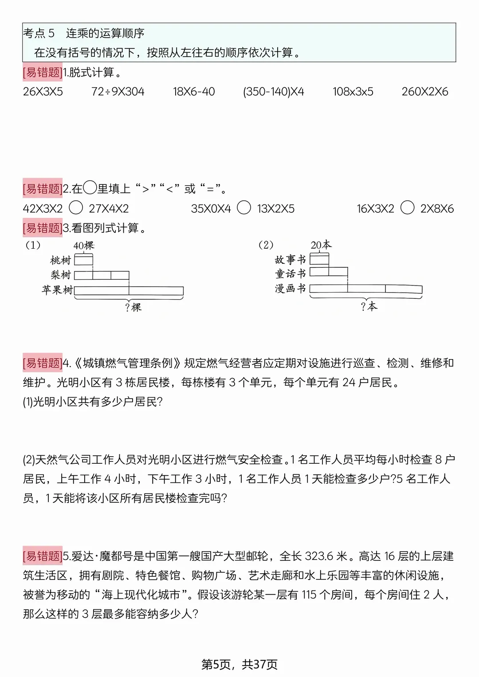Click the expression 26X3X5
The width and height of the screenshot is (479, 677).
[43, 92]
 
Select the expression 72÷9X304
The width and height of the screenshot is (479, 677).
[118, 92]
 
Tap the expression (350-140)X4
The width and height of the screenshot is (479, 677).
[274, 92]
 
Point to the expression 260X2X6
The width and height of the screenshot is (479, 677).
[425, 92]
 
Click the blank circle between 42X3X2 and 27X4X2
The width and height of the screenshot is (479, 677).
[76, 207]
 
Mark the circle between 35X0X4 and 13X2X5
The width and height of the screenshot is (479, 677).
[244, 207]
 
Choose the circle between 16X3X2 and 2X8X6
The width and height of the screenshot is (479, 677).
[407, 207]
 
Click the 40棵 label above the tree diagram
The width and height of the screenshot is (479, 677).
[84, 245]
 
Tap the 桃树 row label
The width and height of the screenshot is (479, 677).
[61, 260]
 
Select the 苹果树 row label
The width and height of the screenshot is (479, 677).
[57, 290]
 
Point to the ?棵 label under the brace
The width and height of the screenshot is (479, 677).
[133, 307]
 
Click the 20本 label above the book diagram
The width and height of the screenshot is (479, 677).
[321, 245]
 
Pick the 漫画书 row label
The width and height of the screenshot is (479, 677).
[291, 289]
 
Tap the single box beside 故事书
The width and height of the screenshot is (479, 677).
[319, 259]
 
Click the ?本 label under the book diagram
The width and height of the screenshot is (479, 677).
[369, 306]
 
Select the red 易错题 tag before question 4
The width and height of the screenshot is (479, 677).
[43, 363]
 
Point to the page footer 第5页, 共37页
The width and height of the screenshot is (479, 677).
[239, 664]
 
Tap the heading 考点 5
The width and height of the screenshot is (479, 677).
[39, 33]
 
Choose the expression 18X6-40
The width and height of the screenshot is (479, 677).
[194, 92]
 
